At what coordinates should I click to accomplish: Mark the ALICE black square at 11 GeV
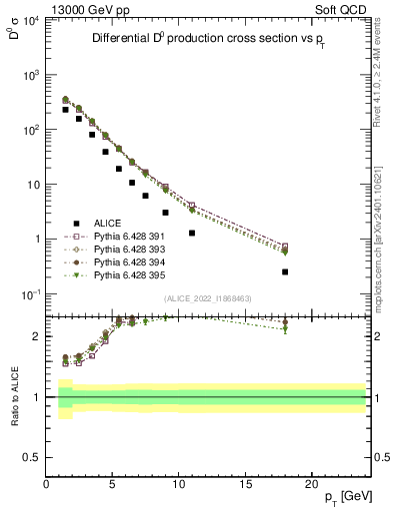tap(192, 233)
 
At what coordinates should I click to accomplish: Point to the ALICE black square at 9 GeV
tap(166, 212)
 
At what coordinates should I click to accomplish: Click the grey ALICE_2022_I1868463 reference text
tap(208, 298)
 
